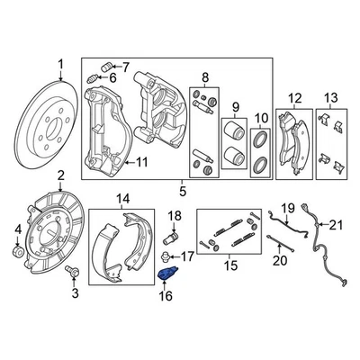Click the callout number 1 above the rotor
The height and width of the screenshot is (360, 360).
61,64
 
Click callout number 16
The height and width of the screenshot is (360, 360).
166,293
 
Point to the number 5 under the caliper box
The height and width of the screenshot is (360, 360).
184,191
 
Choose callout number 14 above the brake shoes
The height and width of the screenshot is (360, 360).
123,198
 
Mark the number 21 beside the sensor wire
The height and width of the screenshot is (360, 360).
337,223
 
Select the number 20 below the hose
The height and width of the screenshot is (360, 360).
277,260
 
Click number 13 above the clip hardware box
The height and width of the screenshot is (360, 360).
330,97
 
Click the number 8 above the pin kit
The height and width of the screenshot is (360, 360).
204,76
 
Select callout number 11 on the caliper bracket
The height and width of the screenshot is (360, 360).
140,162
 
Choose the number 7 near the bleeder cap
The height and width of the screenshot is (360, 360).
125,66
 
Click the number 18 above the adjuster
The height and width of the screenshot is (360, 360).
175,214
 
